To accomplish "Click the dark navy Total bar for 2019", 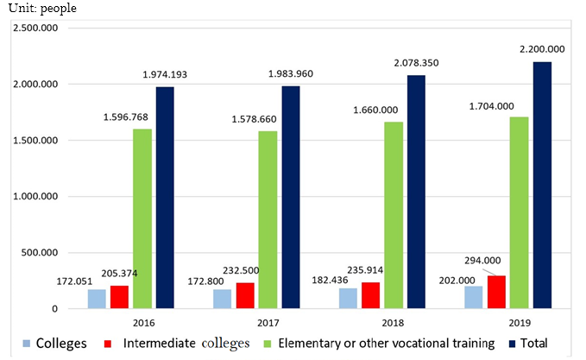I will point(542,185).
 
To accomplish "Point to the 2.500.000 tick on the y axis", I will point(34,28).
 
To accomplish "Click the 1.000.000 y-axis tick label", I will point(34,197).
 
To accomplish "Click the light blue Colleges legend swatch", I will point(19,344).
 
